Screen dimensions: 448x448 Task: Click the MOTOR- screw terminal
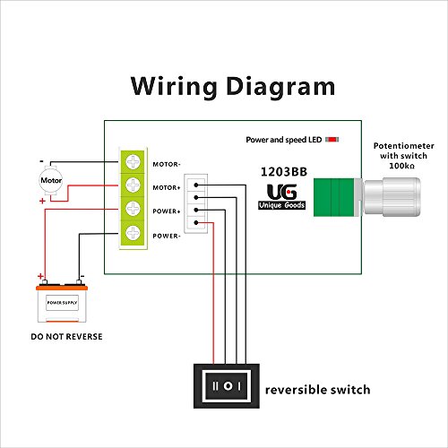[133, 162]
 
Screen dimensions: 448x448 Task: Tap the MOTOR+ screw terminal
[133, 185]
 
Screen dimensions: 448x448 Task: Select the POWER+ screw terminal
[133, 208]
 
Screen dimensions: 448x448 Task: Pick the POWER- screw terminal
[133, 233]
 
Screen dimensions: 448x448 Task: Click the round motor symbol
[51, 180]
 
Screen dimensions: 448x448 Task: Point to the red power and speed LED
[332, 140]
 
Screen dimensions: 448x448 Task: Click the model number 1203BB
[284, 172]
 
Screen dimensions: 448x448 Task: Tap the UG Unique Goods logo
[281, 196]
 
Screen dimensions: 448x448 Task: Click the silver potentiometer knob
[392, 197]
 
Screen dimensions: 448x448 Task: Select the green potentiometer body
[334, 197]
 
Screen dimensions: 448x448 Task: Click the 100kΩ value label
[401, 166]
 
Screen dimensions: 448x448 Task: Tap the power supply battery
[62, 302]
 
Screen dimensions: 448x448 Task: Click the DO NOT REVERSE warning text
[66, 337]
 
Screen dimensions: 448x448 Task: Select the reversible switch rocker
[227, 386]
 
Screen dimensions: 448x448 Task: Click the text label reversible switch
[317, 390]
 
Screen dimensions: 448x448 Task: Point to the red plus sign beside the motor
[42, 201]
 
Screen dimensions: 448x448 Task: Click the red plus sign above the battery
[40, 276]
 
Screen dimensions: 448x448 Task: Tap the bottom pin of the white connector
[196, 222]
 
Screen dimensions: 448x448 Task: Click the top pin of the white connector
[196, 185]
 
